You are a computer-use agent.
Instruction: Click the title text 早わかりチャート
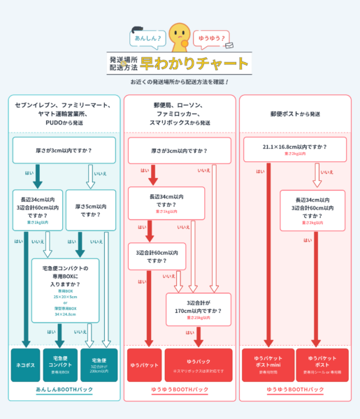(194, 64)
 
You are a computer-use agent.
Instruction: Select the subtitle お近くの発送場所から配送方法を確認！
(180, 82)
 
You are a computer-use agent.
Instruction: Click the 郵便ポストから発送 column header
(295, 113)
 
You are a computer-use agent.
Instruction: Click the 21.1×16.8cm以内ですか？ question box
(295, 149)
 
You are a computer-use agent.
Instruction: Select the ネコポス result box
(25, 365)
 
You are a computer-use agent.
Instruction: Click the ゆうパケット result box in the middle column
(144, 365)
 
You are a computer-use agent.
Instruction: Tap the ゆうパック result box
(199, 365)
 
